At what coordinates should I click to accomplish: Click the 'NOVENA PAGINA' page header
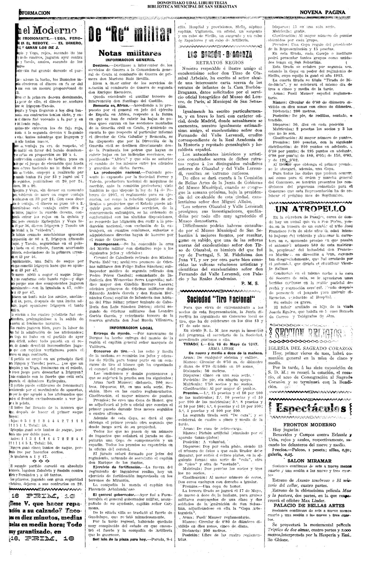pyautogui.click(x=322, y=12)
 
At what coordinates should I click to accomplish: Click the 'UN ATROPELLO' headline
pyautogui.click(x=310, y=209)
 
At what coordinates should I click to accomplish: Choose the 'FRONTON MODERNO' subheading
pyautogui.click(x=310, y=425)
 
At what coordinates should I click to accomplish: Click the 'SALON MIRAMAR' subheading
pyautogui.click(x=310, y=461)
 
